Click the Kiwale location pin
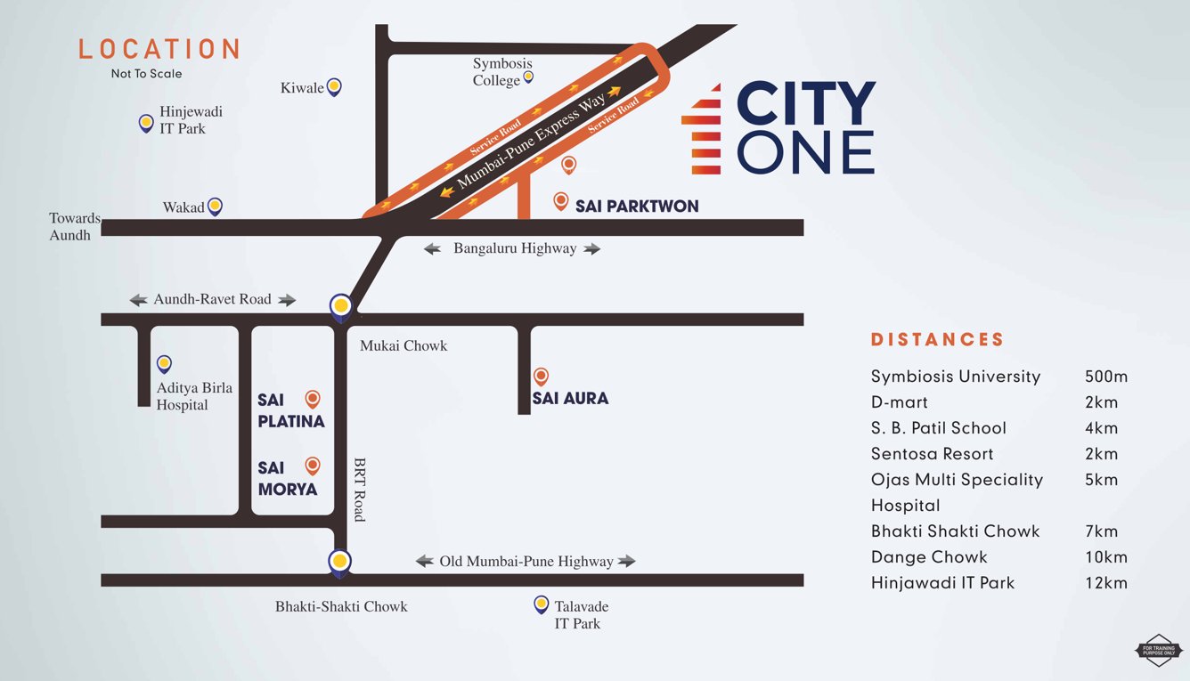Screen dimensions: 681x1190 click(334, 86)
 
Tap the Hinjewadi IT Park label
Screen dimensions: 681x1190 click(183, 120)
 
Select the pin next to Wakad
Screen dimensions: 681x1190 click(215, 207)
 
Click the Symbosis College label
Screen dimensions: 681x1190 click(501, 72)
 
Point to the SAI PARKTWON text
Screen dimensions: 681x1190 click(637, 206)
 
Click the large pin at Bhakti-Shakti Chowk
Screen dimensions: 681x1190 click(338, 562)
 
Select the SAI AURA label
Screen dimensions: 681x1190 click(570, 398)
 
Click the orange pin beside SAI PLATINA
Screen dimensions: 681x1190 click(313, 400)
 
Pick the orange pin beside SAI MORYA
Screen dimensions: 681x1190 click(313, 466)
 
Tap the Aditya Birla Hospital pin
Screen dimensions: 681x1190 click(164, 364)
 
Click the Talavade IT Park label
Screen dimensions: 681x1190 click(581, 615)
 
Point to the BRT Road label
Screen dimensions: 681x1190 click(360, 490)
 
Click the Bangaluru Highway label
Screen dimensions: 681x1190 click(514, 248)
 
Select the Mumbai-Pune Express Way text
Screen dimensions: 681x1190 click(531, 142)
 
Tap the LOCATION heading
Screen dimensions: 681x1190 click(159, 49)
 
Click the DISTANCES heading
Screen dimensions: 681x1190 click(937, 339)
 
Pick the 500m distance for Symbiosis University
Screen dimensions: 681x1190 click(1106, 377)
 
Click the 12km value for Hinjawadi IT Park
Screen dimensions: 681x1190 click(1106, 583)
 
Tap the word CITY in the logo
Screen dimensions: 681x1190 click(806, 104)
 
